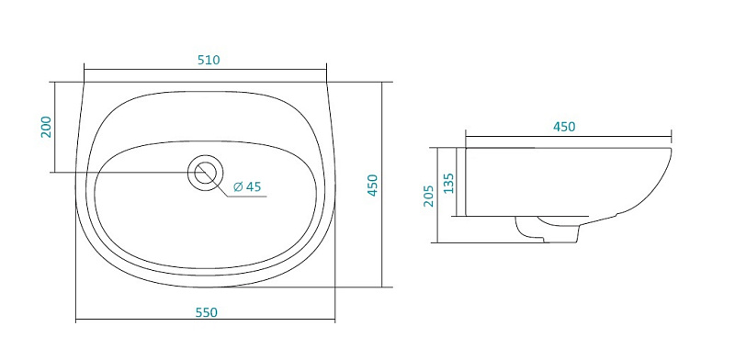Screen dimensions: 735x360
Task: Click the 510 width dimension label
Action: pos(209,60)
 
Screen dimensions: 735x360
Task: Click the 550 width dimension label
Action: pos(207,312)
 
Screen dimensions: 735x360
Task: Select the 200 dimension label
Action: pos(47,127)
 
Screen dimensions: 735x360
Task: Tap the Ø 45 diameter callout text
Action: pos(246,186)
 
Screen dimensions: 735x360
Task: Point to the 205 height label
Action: pos(428,196)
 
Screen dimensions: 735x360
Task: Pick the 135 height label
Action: pos(448,183)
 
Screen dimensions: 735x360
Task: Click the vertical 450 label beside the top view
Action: pos(372,186)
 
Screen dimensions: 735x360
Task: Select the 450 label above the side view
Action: pos(564,127)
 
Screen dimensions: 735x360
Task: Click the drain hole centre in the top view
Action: pos(205,173)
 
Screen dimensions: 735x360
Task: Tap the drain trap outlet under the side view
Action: pos(547,230)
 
